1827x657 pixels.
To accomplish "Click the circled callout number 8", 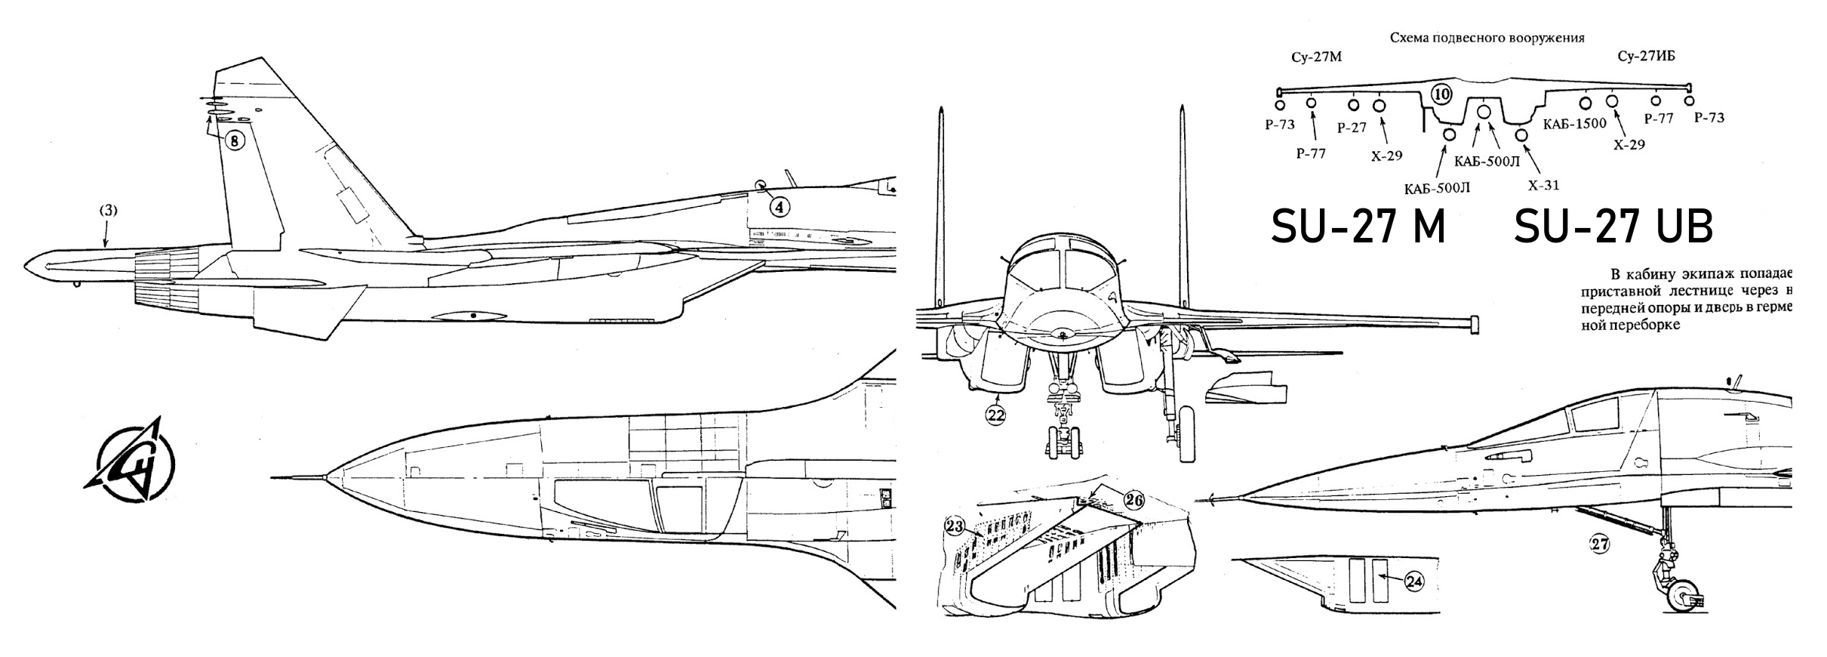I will click(x=235, y=140).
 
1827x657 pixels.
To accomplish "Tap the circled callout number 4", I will click(x=780, y=206).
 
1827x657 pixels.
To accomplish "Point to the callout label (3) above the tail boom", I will click(x=109, y=211).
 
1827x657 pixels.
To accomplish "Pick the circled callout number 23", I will click(x=955, y=526).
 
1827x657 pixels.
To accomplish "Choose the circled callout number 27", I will click(x=1599, y=543).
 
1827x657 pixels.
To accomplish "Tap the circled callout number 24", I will click(x=1414, y=581).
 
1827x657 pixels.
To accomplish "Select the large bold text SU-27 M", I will click(x=1358, y=227).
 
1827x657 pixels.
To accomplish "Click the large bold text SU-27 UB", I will click(x=1613, y=227).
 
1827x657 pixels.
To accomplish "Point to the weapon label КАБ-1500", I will click(x=1575, y=124).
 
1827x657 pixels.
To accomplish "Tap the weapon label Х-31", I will click(x=1543, y=185).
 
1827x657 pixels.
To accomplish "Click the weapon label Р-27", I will click(x=1352, y=128).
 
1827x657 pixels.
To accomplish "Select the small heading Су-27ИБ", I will click(x=1647, y=57).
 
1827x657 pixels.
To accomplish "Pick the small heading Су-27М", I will click(x=1316, y=57).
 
